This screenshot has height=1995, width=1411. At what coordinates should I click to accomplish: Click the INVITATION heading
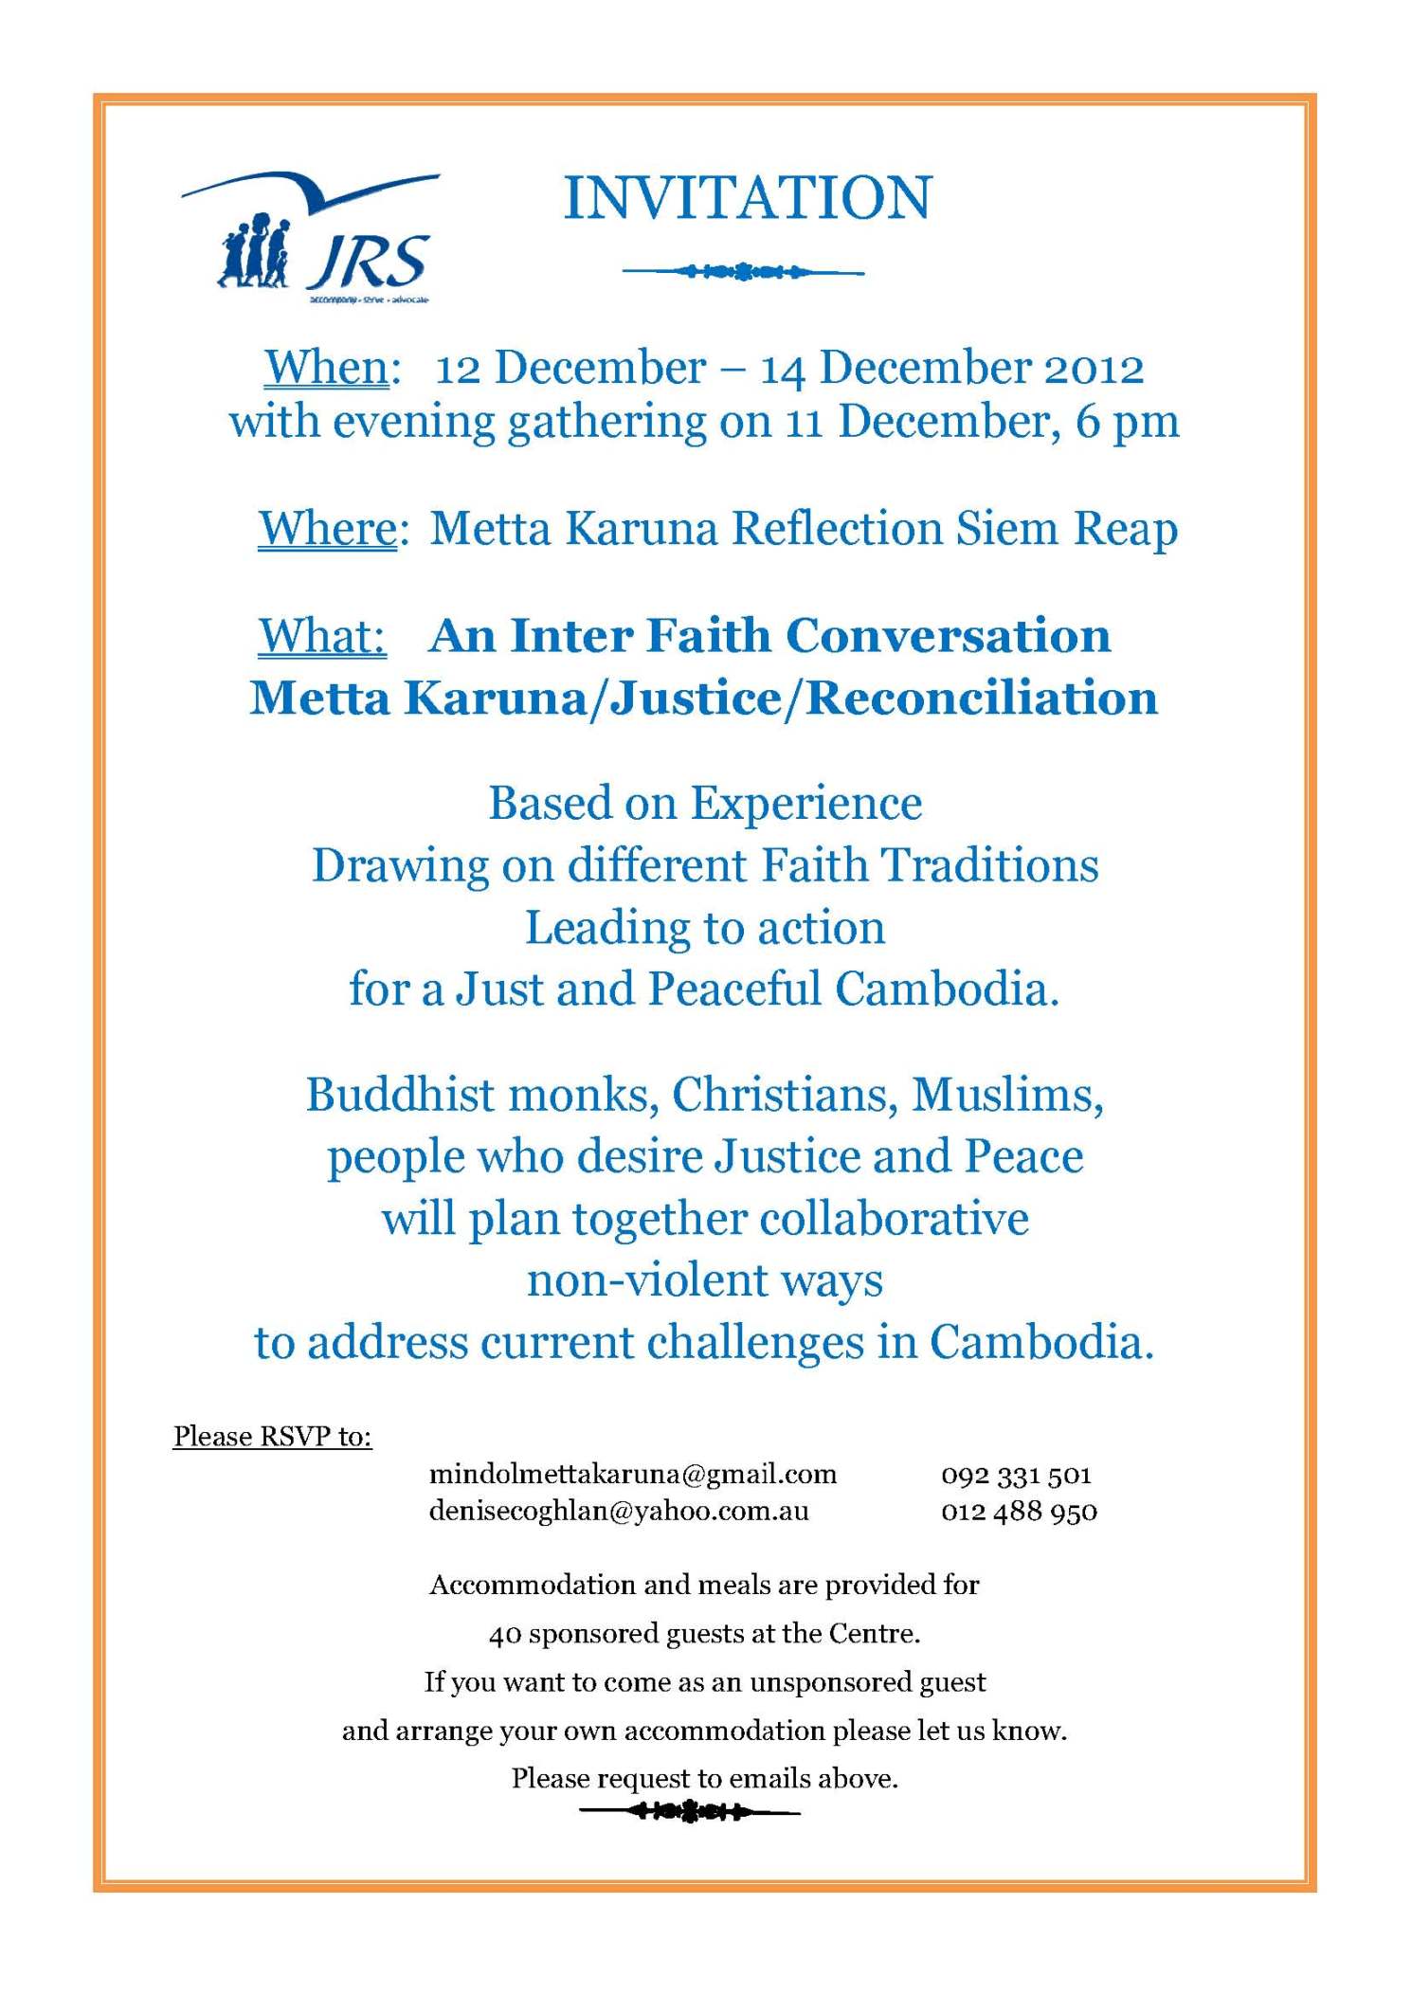[748, 198]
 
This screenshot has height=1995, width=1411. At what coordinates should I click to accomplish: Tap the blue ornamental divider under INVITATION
[743, 272]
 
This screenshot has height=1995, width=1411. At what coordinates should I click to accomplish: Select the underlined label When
[327, 368]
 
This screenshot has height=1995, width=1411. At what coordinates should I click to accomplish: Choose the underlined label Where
[328, 529]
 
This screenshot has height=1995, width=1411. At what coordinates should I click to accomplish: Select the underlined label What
[322, 636]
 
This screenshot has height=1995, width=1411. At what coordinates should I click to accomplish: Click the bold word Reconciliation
[982, 698]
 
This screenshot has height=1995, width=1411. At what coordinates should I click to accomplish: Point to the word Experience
[805, 804]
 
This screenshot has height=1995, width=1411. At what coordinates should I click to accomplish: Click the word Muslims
[1007, 1095]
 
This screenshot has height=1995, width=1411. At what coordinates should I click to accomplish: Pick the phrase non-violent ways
[705, 1280]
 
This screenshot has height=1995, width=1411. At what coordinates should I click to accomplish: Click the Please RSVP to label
[272, 1436]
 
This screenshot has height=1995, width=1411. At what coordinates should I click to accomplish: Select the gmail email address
[633, 1474]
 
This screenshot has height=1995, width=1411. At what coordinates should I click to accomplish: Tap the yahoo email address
[619, 1511]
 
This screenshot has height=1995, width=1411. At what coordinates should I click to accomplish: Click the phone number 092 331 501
[1016, 1475]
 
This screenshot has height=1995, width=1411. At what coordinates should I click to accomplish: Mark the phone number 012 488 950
[1019, 1512]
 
